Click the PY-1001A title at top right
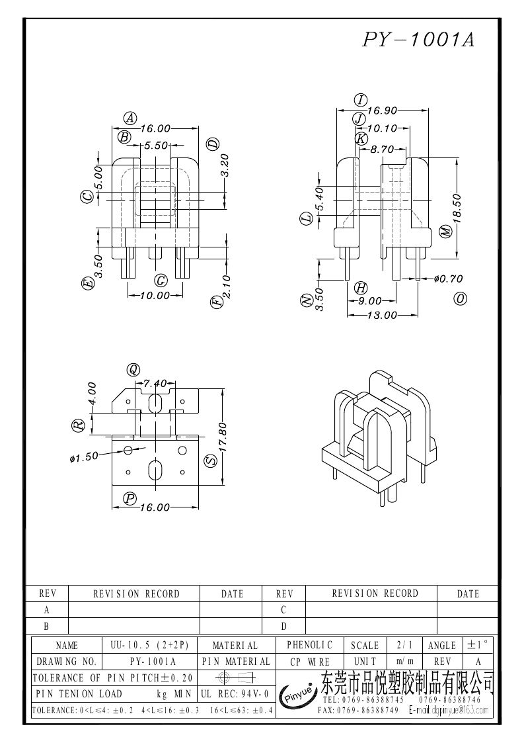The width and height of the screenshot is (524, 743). point(418,40)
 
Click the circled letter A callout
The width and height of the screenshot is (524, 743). point(131,118)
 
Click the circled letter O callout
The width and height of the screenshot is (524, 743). point(461,299)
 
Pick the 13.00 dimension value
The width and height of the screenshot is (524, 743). point(382,316)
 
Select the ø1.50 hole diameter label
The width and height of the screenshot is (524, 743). point(83,456)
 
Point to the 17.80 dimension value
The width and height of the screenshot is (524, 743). point(223,437)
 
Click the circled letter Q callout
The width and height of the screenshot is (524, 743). point(134,369)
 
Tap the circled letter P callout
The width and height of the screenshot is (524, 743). point(130,498)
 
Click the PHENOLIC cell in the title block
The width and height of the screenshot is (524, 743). point(309,644)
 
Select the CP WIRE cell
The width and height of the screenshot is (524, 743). point(309,661)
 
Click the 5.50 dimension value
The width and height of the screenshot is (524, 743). point(156,146)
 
